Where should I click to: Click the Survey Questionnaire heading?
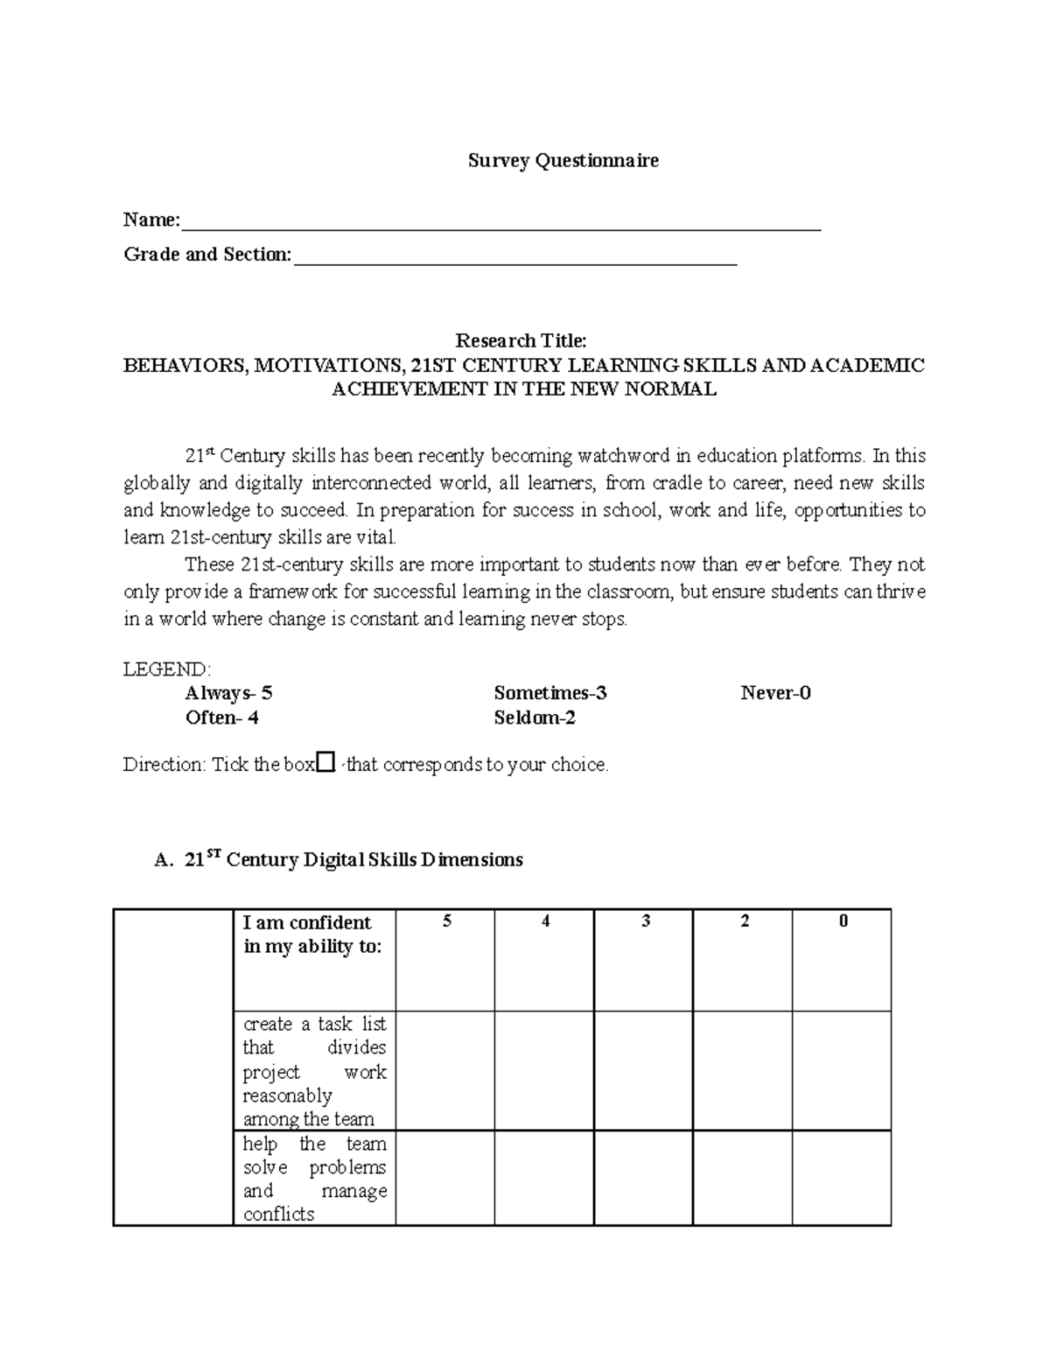point(563,161)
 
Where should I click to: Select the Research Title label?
point(521,340)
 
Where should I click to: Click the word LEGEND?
point(166,669)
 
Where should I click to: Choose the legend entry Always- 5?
point(228,694)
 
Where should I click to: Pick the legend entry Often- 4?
point(221,718)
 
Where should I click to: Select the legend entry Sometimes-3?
point(549,694)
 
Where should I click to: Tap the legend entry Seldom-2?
point(535,718)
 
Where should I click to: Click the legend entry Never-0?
point(775,694)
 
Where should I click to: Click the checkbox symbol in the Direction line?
point(325,763)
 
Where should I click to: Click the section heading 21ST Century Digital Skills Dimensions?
point(353,860)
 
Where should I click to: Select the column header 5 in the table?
point(446,921)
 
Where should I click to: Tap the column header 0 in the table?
point(843,921)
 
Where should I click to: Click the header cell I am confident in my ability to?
point(313,935)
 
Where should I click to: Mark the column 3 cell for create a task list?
point(644,1070)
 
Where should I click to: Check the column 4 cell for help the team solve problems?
point(544,1178)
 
